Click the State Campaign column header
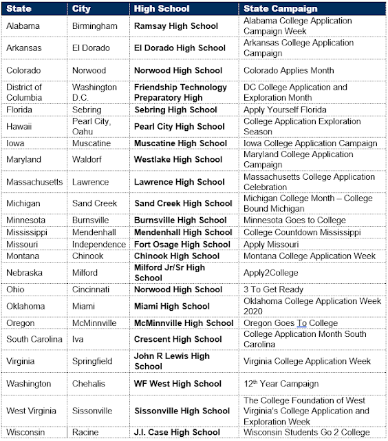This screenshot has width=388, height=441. [281, 9]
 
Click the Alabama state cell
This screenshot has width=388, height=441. [23, 26]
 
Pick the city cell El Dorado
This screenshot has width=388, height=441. [91, 48]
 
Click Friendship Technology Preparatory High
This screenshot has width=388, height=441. [180, 92]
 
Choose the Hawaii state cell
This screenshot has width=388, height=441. [20, 127]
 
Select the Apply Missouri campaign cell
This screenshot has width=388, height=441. [271, 245]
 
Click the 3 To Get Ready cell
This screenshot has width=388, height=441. [273, 289]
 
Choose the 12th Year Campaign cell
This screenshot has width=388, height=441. [281, 383]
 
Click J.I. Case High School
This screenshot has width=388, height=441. [177, 433]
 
